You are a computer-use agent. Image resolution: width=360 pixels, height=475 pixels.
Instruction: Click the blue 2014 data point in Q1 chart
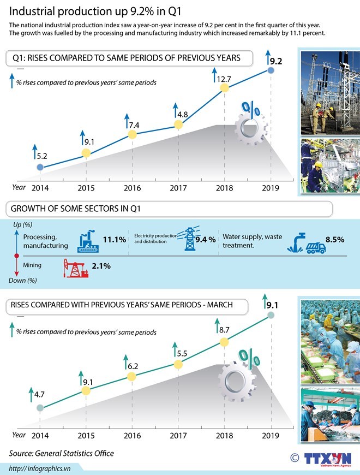tap(39, 168)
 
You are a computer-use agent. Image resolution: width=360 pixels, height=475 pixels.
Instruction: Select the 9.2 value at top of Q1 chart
tap(275, 61)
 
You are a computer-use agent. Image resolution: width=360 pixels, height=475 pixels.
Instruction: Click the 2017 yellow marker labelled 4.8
tap(177, 124)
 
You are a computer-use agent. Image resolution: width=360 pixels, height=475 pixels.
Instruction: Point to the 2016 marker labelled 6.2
tap(131, 377)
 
